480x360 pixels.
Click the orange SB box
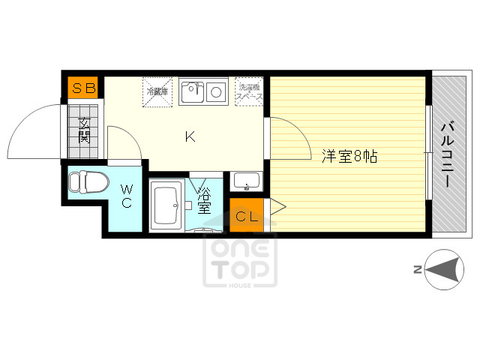(84, 88)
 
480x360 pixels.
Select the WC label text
(126, 196)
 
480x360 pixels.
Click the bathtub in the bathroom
(164, 205)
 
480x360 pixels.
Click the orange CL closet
(247, 217)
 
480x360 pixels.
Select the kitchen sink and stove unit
(202, 91)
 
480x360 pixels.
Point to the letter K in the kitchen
(190, 136)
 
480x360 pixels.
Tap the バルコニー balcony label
(448, 154)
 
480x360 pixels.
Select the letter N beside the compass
(416, 271)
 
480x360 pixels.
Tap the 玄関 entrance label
(83, 130)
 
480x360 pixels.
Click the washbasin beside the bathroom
(246, 181)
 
